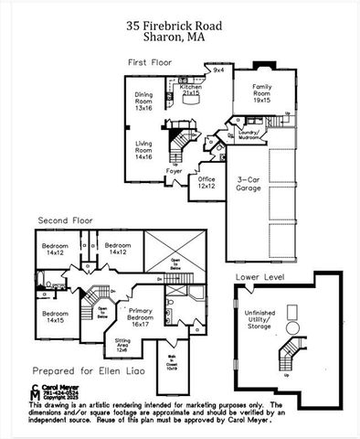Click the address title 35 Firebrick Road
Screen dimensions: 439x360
[179, 28]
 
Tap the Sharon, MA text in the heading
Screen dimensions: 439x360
[179, 39]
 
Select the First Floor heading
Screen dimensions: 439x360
[151, 62]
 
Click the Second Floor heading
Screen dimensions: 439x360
[65, 219]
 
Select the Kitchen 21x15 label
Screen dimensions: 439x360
[190, 90]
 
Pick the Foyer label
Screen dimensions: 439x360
[174, 170]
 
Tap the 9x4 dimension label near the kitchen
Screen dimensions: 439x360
[217, 70]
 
